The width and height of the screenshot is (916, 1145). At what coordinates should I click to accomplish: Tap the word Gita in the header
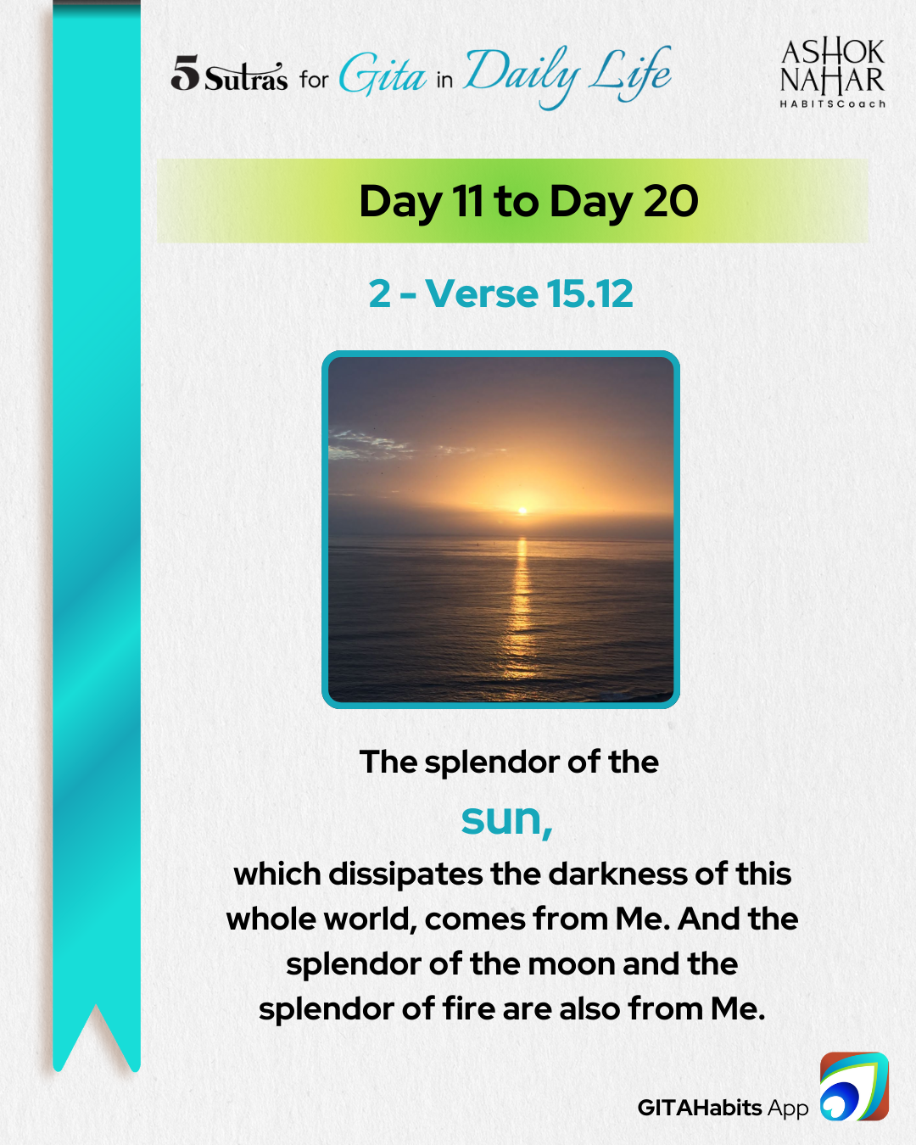pyautogui.click(x=383, y=75)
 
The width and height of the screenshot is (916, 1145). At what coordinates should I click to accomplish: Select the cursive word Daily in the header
pyautogui.click(x=521, y=75)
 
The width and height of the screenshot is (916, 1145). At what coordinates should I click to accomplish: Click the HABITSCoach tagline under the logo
pyautogui.click(x=832, y=103)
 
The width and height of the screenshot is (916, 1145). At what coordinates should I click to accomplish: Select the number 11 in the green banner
pyautogui.click(x=467, y=201)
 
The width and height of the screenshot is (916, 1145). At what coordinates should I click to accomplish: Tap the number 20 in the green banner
pyautogui.click(x=671, y=201)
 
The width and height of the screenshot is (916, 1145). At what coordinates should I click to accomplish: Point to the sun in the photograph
pyautogui.click(x=522, y=511)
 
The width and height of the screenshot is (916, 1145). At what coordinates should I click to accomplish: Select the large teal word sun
pyautogui.click(x=506, y=819)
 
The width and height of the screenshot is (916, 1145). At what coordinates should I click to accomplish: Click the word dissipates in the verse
pyautogui.click(x=405, y=875)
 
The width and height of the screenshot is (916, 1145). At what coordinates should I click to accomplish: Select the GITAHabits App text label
pyautogui.click(x=723, y=1108)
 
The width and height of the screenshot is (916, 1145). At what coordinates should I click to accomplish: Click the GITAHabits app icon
pyautogui.click(x=854, y=1086)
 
